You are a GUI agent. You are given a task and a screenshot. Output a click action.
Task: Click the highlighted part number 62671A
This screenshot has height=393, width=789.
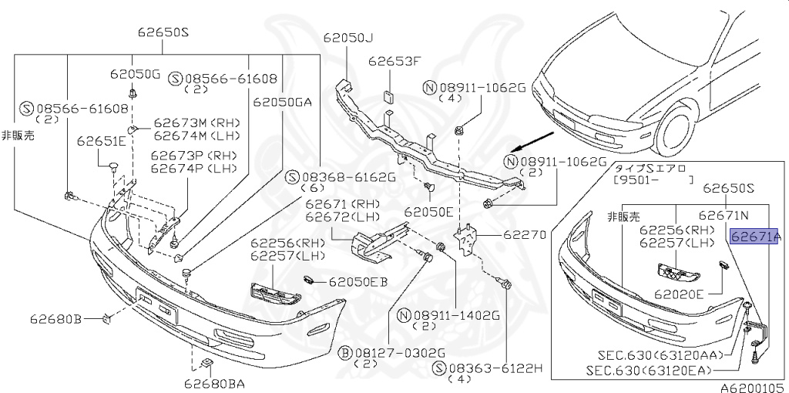click(x=755, y=237)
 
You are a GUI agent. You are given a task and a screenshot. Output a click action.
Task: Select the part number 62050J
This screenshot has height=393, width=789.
click(x=347, y=38)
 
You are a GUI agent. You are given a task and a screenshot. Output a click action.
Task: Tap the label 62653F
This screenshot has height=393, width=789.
click(x=394, y=61)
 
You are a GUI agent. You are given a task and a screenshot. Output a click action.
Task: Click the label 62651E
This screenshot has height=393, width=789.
click(x=101, y=141)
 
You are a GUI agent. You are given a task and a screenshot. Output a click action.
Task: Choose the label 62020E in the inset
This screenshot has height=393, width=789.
click(x=679, y=293)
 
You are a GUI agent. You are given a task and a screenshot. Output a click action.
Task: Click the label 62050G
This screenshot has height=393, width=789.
click(x=135, y=74)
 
